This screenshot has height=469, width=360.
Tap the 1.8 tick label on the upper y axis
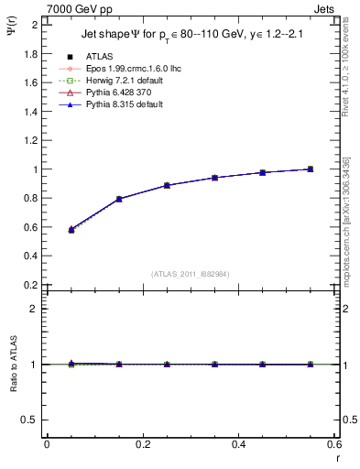[x=30, y=53]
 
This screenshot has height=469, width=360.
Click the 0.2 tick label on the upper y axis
[x=30, y=285]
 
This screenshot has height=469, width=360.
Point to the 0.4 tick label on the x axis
[x=238, y=444]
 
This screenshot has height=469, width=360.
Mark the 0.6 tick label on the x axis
[x=334, y=444]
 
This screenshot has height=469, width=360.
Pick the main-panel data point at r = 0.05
[x=71, y=230]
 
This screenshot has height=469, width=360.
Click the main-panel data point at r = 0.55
[x=311, y=169]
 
